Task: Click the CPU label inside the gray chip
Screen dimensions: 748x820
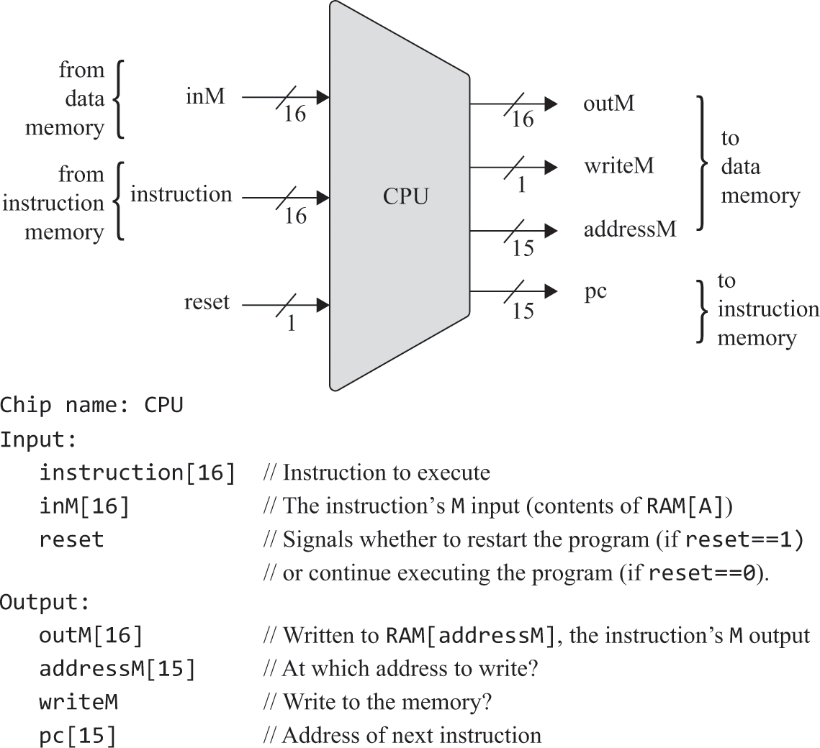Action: tap(405, 196)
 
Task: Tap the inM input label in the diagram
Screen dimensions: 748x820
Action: tap(205, 96)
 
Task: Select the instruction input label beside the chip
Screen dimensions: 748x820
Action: tap(181, 194)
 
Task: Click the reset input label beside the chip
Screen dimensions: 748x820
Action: tap(207, 301)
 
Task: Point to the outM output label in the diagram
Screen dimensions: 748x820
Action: tap(608, 104)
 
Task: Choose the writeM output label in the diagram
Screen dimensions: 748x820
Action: tap(618, 166)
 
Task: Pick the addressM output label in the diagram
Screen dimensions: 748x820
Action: tap(630, 230)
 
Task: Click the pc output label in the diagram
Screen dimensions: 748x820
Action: tap(594, 292)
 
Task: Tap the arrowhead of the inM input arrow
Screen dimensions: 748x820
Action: tap(323, 97)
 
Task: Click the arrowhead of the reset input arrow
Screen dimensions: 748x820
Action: tap(323, 306)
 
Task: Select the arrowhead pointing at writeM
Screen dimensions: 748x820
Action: tap(551, 168)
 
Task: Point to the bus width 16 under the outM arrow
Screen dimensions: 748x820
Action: tap(523, 119)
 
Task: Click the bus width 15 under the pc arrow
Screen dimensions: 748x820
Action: tap(523, 311)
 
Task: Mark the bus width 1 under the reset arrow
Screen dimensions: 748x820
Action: tap(291, 324)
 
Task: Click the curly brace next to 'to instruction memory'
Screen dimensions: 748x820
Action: tap(702, 311)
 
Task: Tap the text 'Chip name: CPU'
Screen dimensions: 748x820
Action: tap(91, 406)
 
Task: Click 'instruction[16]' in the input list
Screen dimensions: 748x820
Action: tap(137, 473)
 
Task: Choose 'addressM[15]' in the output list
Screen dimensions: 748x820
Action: tap(117, 669)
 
